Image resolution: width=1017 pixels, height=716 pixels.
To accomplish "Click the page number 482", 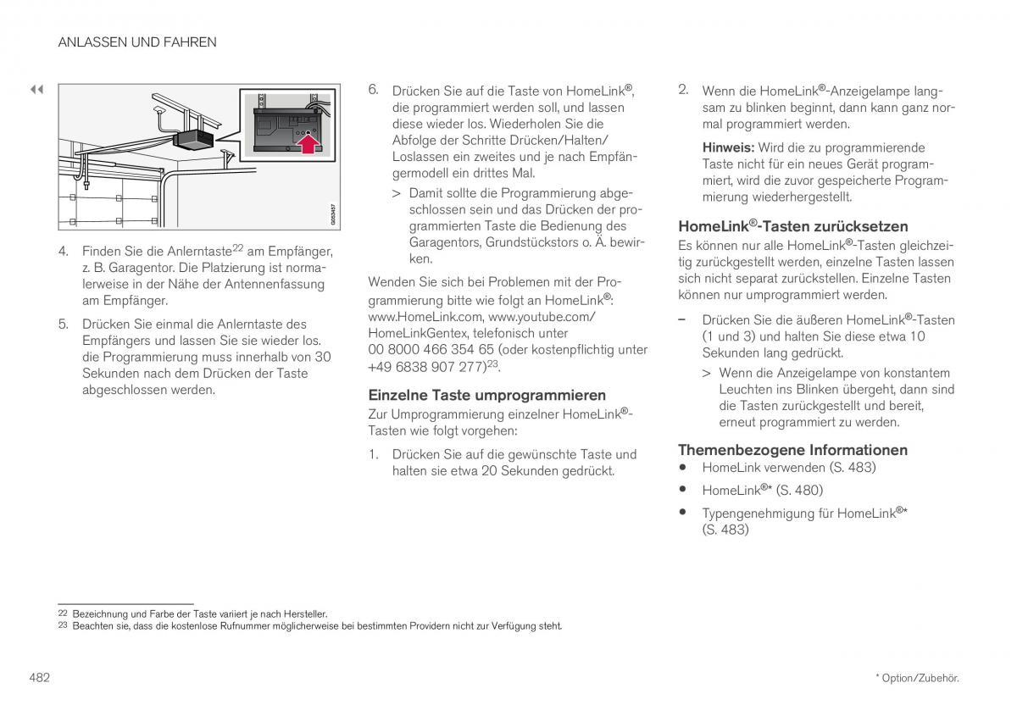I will [x=39, y=677].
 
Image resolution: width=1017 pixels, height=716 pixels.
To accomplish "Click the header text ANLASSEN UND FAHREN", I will [x=137, y=42].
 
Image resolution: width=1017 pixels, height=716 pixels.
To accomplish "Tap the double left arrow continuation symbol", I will [x=36, y=89].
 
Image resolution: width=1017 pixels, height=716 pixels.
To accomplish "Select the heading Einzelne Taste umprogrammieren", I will [x=486, y=395].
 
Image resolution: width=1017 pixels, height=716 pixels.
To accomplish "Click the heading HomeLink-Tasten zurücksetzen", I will [x=792, y=226].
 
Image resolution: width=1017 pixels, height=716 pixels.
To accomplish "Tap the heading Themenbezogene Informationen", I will [x=792, y=450].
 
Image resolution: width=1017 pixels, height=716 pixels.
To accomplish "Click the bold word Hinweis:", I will [x=728, y=147].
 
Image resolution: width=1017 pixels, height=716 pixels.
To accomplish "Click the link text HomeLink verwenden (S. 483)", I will [x=788, y=467].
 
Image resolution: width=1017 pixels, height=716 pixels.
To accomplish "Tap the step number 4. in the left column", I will [x=64, y=252].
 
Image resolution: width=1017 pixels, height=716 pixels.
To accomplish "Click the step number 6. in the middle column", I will [x=373, y=90].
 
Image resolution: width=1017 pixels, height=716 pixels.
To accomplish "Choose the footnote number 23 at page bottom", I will [x=62, y=626].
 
